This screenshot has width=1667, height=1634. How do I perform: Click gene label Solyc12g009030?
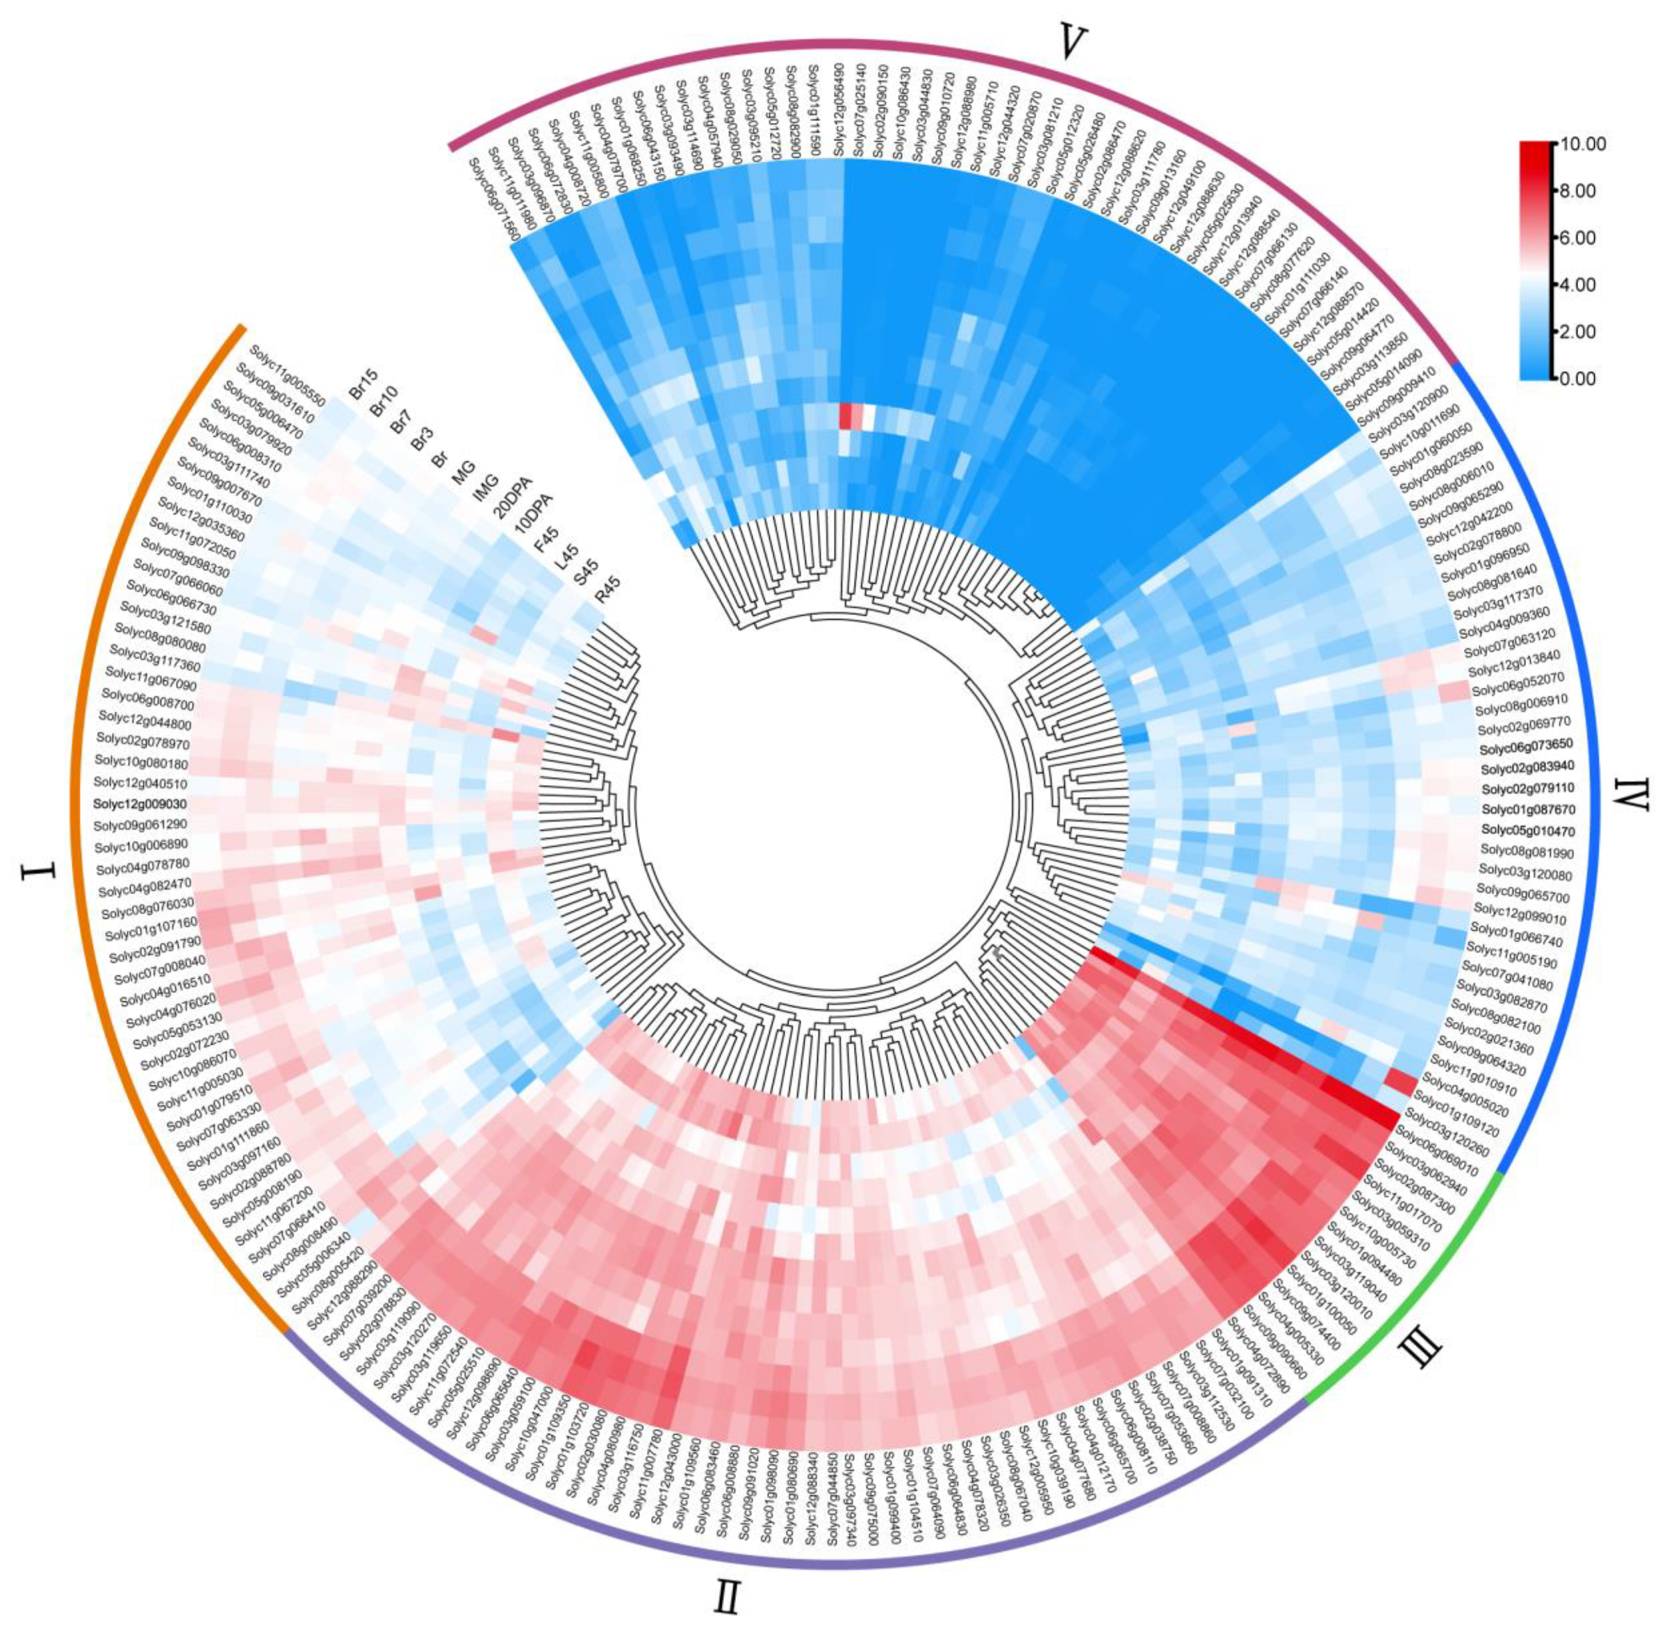pyautogui.click(x=141, y=804)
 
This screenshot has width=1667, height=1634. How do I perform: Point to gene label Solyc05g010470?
pyautogui.click(x=1528, y=831)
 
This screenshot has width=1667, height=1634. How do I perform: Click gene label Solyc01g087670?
pyautogui.click(x=1528, y=809)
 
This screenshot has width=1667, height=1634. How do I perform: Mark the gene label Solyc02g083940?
pyautogui.click(x=1527, y=766)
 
